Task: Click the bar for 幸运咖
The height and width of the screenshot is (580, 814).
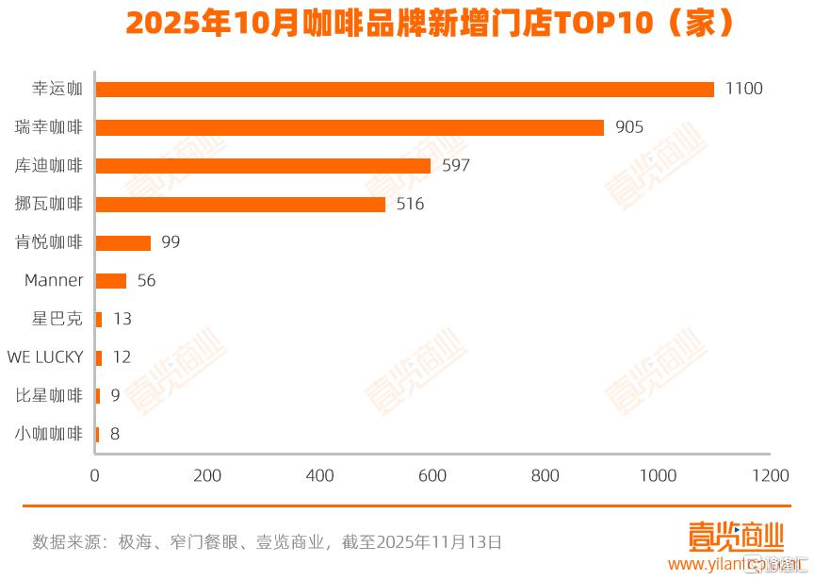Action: point(405,90)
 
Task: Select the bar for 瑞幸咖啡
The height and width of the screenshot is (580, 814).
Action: point(350,127)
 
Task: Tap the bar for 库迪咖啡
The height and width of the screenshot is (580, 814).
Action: point(263,166)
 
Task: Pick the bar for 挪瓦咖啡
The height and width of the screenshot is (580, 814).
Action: point(240,204)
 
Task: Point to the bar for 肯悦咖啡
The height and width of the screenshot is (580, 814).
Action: point(123,242)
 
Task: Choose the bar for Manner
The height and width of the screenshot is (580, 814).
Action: point(111,280)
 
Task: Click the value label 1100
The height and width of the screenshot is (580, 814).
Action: point(743,89)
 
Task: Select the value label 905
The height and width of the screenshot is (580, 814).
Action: point(629,127)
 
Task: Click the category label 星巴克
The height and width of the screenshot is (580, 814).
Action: point(57,319)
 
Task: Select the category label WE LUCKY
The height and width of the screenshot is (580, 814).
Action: point(45,357)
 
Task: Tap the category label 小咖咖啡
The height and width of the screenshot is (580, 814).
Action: point(49,434)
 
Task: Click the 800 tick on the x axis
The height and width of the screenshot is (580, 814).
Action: point(545,476)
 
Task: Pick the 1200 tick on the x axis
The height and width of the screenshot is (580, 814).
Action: point(772,476)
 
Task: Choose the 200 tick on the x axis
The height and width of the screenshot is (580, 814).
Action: point(207,476)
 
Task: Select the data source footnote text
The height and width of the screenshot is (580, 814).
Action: point(267,542)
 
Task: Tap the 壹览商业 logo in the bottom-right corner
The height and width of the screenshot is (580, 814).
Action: point(736,539)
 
